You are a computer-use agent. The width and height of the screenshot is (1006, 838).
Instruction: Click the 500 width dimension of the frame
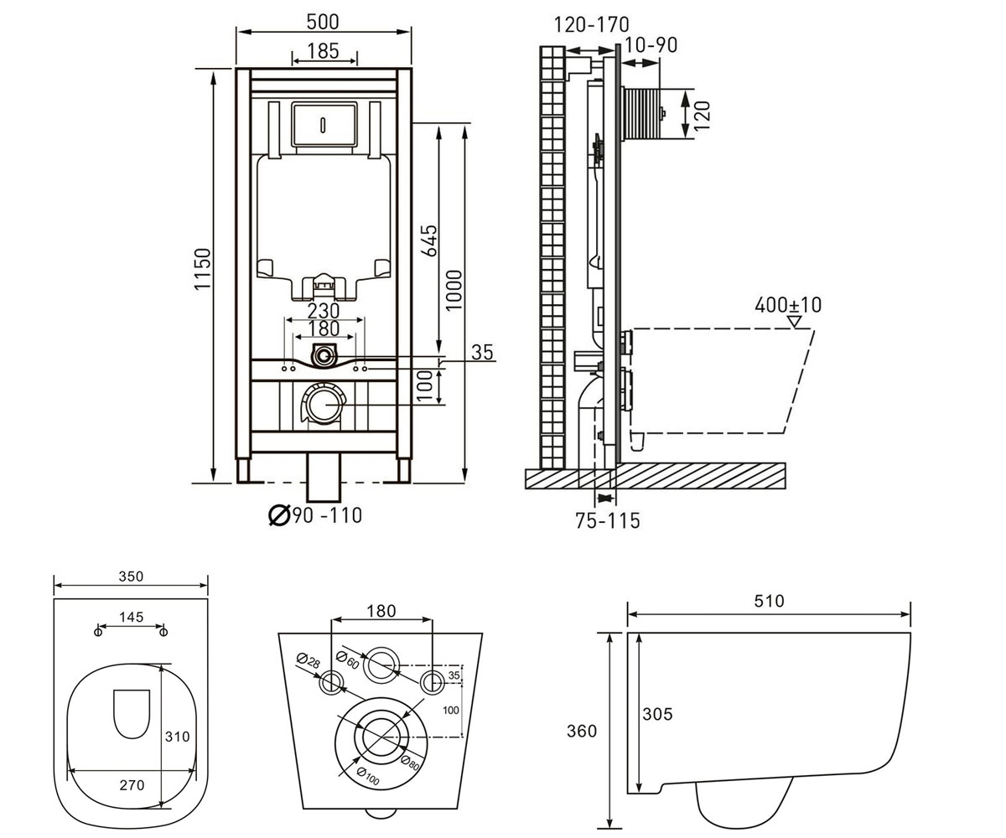(323, 22)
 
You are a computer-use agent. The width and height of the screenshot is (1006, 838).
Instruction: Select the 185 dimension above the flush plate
(324, 50)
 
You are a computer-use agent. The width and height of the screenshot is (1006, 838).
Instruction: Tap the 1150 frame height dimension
(203, 269)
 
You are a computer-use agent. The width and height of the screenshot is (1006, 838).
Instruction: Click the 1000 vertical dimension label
(454, 291)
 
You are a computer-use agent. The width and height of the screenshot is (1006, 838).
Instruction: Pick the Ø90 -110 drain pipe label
(315, 515)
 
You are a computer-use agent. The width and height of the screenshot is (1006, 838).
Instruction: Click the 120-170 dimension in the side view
(591, 24)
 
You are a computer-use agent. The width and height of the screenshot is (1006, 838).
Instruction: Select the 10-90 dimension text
(651, 44)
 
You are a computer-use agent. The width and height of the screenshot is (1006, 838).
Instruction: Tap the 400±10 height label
(788, 305)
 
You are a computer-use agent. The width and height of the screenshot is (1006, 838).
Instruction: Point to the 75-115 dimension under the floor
(608, 520)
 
